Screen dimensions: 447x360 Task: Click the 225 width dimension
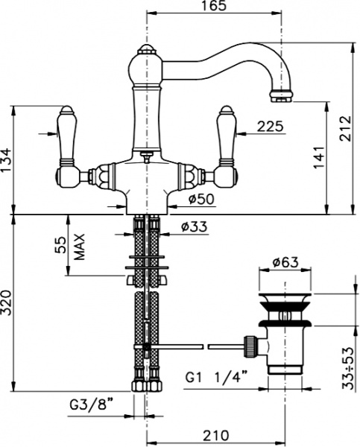(270, 127)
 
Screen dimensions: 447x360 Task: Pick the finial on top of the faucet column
(146, 51)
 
